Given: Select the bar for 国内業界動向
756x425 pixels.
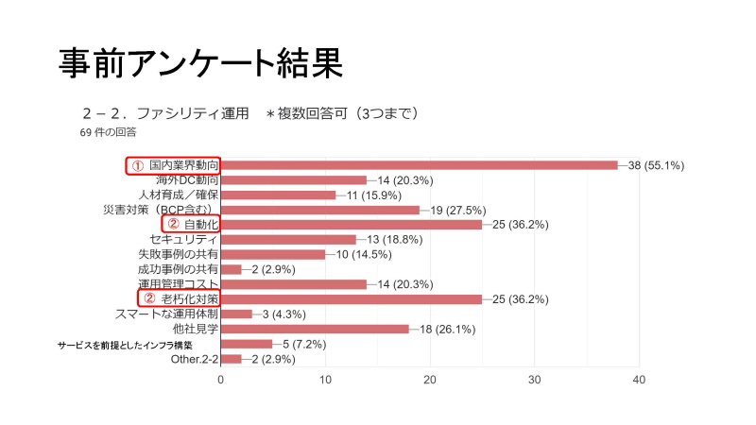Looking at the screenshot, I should pyautogui.click(x=419, y=165).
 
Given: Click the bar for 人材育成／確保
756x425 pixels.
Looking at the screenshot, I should pyautogui.click(x=278, y=195).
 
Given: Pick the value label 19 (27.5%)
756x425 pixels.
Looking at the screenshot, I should pyautogui.click(x=459, y=210).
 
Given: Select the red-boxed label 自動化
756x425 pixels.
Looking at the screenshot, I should pyautogui.click(x=201, y=225).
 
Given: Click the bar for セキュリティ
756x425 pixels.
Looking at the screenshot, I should pyautogui.click(x=288, y=240).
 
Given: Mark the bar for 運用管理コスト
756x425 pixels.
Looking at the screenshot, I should pyautogui.click(x=293, y=284).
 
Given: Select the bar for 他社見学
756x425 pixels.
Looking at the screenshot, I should pyautogui.click(x=314, y=330).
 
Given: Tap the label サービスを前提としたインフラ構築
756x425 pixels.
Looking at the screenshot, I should pyautogui.click(x=138, y=345).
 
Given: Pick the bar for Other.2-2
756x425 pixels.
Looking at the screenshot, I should pyautogui.click(x=231, y=360).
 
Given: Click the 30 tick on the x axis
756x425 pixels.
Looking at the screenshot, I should pyautogui.click(x=534, y=380).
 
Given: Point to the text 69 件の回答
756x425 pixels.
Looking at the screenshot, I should pyautogui.click(x=109, y=133).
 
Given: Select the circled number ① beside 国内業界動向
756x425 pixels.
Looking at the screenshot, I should pyautogui.click(x=137, y=165).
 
